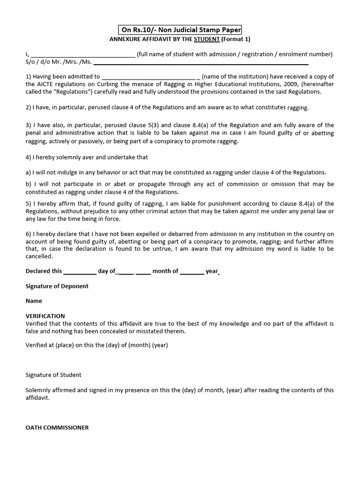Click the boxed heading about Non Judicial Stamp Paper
(181, 30)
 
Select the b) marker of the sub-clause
(29, 184)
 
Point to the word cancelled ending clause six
(39, 256)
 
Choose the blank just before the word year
(192, 271)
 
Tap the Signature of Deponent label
(57, 286)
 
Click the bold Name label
(34, 301)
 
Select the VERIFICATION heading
(45, 316)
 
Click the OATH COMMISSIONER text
(57, 427)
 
